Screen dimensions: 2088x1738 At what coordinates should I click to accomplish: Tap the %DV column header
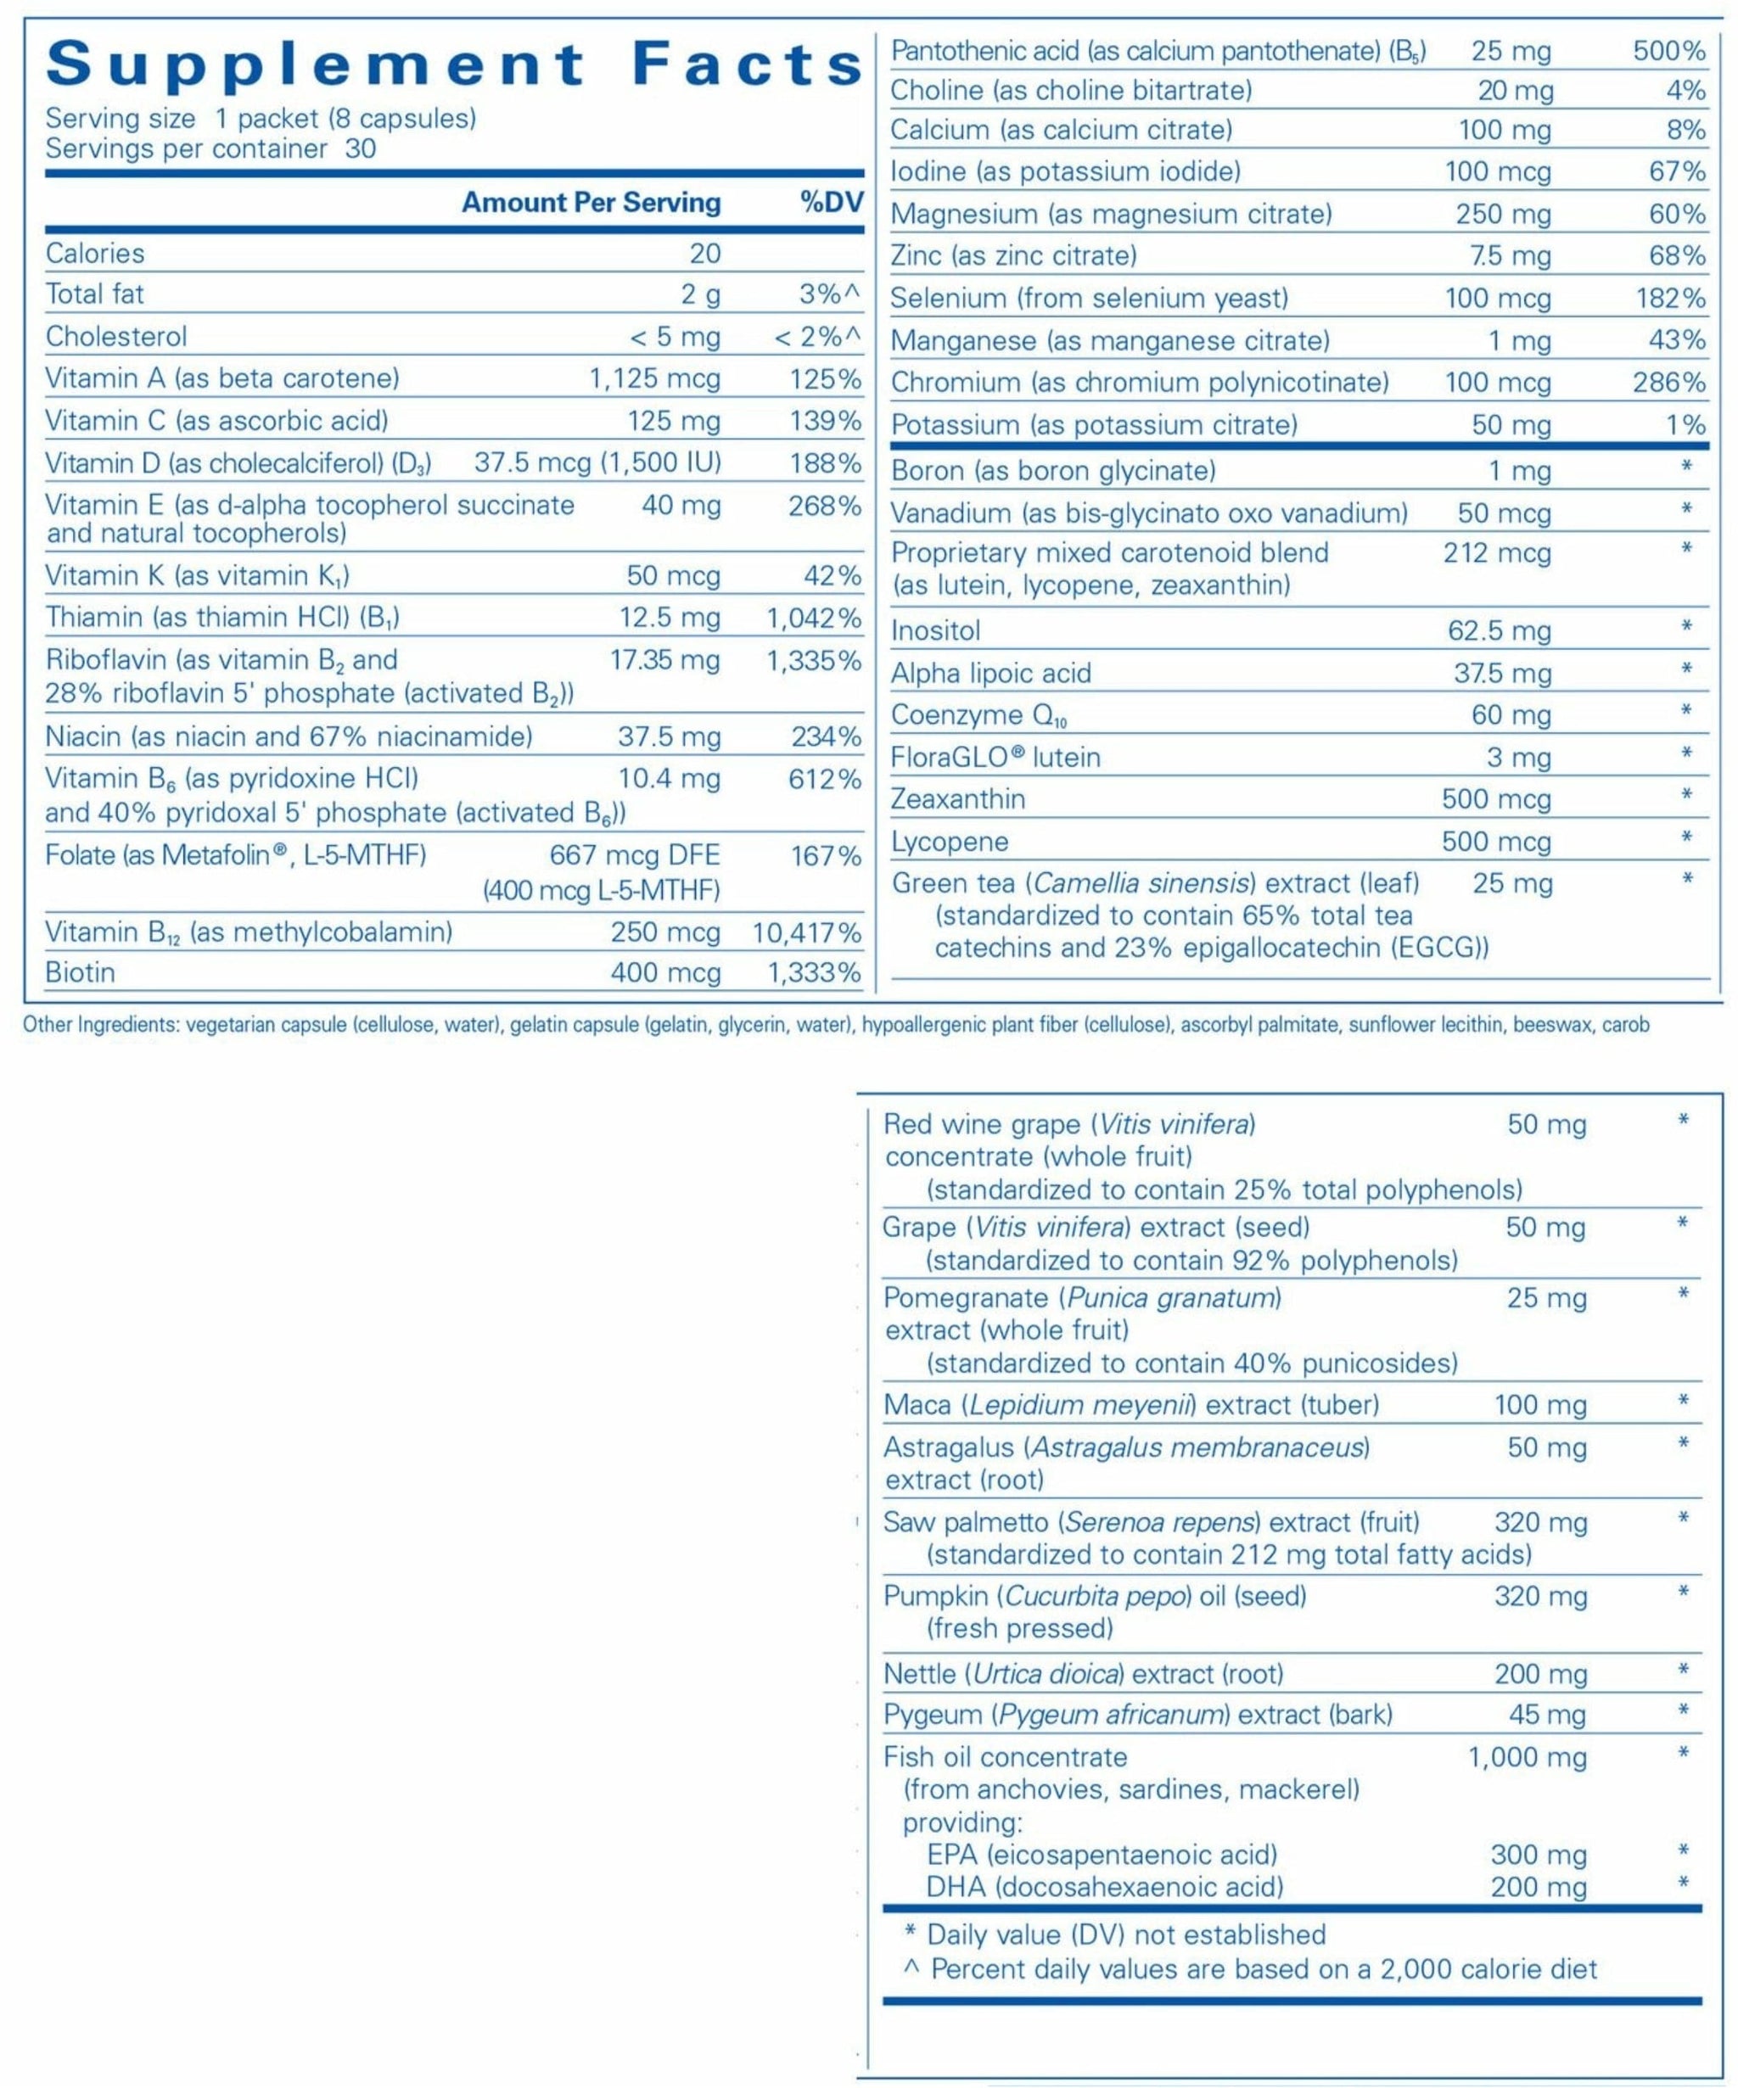click(831, 203)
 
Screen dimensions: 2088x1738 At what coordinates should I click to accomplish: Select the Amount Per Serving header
click(591, 203)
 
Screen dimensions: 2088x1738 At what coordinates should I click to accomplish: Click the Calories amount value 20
click(705, 254)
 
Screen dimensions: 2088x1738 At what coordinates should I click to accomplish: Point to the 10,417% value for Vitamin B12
click(806, 932)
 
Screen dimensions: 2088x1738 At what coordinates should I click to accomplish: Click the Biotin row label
click(81, 972)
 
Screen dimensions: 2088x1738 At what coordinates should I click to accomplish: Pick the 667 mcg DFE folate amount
click(634, 855)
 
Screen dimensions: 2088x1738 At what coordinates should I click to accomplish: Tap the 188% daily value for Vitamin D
click(825, 463)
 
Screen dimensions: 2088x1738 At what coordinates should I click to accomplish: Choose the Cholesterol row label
click(116, 337)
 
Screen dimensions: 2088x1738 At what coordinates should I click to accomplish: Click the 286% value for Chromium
click(1669, 383)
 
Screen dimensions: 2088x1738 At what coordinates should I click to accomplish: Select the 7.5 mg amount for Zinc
click(1511, 256)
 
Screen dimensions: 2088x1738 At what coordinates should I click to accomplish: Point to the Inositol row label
click(935, 630)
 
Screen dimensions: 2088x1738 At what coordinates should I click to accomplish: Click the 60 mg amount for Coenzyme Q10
click(1511, 715)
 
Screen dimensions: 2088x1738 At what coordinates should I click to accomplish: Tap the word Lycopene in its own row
click(950, 842)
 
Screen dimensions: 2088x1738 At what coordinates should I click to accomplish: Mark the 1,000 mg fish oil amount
click(1528, 1757)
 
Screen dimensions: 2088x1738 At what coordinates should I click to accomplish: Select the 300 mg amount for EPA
click(1539, 1855)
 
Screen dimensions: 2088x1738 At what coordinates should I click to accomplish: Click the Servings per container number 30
click(361, 149)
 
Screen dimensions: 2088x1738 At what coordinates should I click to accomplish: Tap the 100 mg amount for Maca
click(1540, 1405)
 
